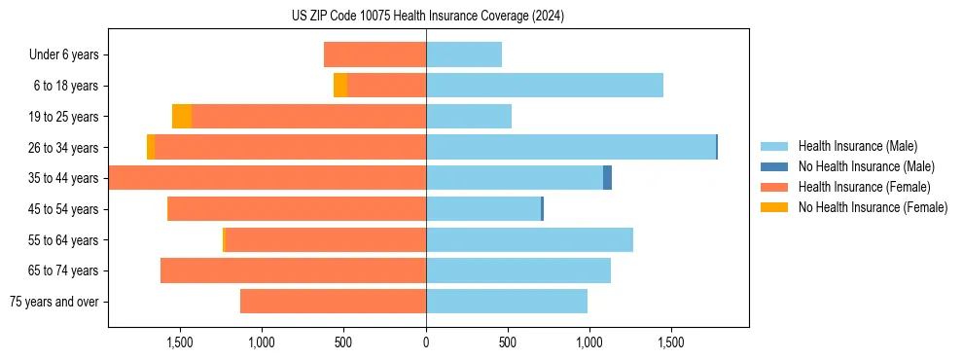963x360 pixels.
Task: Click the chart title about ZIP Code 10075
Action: [x=428, y=17]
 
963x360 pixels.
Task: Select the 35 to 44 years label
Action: [x=64, y=178]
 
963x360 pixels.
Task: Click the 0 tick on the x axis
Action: [x=426, y=342]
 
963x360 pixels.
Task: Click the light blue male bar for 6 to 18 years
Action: [x=545, y=86]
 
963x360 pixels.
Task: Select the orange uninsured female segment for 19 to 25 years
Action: [x=182, y=117]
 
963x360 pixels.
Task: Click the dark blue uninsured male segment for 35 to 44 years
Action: [x=607, y=178]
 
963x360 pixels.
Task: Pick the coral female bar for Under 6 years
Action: [x=374, y=54]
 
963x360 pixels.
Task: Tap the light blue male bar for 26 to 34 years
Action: [x=571, y=147]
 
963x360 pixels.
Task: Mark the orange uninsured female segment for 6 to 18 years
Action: [x=340, y=86]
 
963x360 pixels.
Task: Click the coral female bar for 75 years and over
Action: [x=333, y=302]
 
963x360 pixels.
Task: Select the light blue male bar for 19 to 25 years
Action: [x=469, y=117]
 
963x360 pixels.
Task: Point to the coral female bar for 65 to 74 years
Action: [x=293, y=270]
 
